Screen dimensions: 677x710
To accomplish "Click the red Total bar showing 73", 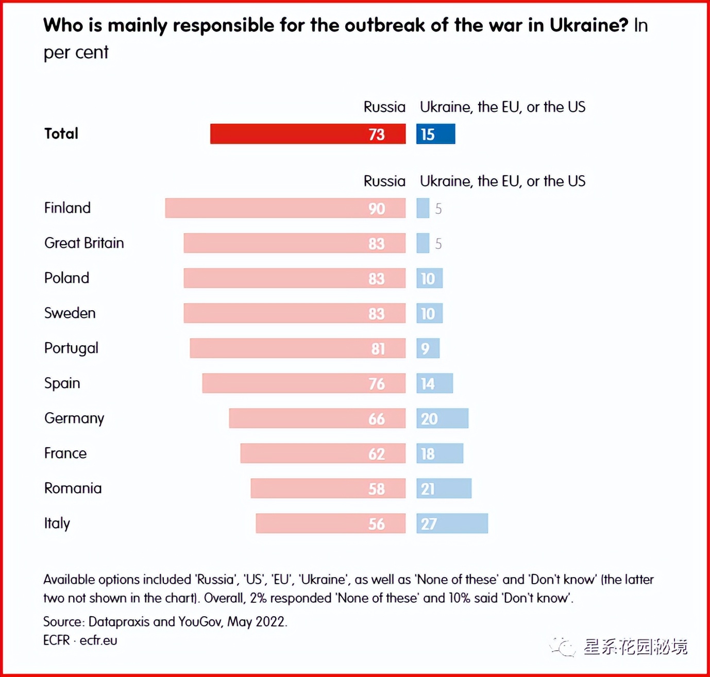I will (308, 134).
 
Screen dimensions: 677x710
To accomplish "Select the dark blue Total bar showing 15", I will (436, 134).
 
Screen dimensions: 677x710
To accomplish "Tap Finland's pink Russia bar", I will (285, 208).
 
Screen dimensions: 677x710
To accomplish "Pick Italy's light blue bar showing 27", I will (452, 523).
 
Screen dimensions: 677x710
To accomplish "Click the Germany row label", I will (74, 418).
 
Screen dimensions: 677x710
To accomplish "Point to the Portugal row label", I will (71, 348).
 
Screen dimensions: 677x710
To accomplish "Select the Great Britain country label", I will (84, 243).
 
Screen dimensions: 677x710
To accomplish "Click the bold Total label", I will (61, 134).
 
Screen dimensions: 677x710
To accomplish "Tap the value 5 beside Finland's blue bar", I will (438, 209).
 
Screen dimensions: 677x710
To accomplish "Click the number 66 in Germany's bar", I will (377, 419).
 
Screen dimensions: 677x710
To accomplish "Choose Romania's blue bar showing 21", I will (444, 488).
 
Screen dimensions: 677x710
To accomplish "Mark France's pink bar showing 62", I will (323, 453).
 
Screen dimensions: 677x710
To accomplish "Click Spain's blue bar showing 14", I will (434, 383).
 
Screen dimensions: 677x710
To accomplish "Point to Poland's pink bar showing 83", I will (294, 278).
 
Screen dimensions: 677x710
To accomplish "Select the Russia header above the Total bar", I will (384, 107).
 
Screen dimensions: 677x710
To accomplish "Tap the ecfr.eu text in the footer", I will (98, 640).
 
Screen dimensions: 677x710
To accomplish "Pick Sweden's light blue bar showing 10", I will (429, 313).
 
